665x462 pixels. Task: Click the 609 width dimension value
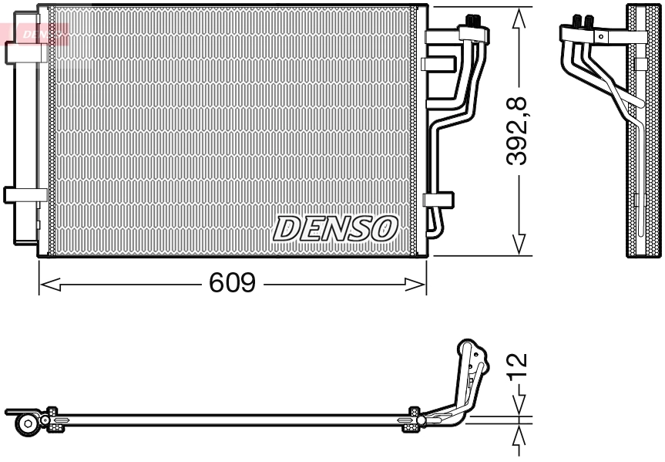(232, 284)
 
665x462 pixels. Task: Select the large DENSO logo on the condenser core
(335, 228)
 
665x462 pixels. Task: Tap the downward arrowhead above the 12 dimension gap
(521, 406)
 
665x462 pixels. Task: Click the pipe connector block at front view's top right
(475, 32)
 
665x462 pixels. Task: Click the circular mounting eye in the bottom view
(29, 423)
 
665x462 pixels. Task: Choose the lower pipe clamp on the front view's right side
(438, 199)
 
